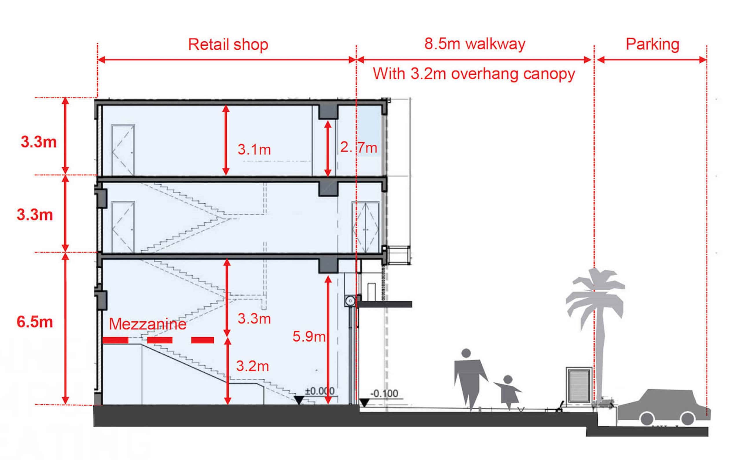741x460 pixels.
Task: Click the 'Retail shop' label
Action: coord(228,45)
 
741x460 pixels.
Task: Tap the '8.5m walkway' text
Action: coord(475,44)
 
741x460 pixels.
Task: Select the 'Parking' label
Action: coord(652,45)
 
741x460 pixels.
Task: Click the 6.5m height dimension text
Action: coord(35,322)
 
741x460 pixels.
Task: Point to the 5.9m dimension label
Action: coord(309,336)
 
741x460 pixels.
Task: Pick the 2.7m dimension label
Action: coord(358,148)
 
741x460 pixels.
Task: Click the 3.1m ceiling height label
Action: coord(254,149)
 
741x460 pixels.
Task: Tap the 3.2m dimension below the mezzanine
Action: coord(253,366)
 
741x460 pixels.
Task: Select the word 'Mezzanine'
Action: coord(148,324)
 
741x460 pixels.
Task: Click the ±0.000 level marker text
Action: coord(320,391)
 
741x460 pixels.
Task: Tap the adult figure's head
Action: coord(466,353)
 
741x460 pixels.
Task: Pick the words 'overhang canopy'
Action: coord(513,74)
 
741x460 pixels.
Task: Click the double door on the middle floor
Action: coord(366,227)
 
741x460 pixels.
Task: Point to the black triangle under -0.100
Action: coord(364,403)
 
